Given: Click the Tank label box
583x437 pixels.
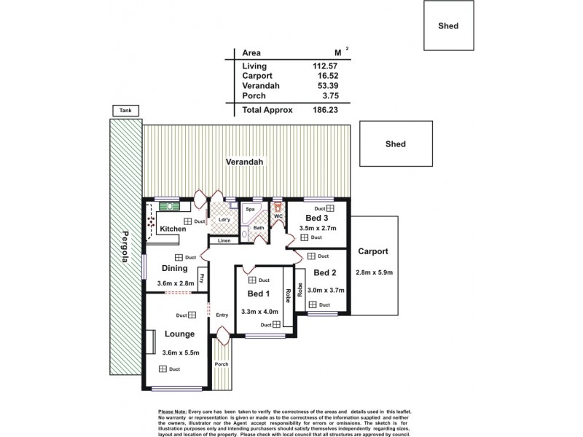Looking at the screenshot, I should coord(125,111).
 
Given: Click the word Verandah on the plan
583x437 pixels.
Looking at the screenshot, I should coord(243,161).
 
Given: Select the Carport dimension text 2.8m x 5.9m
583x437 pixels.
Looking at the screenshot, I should coord(375,272).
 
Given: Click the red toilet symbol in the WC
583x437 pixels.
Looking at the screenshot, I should coord(278,206).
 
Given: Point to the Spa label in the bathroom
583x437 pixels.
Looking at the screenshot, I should coord(249,208).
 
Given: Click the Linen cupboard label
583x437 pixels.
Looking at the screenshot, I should coord(224,240).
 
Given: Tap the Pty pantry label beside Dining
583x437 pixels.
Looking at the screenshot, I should coord(201,277).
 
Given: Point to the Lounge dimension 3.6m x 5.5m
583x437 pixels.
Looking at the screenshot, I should coord(178,353).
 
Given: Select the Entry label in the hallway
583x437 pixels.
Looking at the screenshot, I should coord(222,315).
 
